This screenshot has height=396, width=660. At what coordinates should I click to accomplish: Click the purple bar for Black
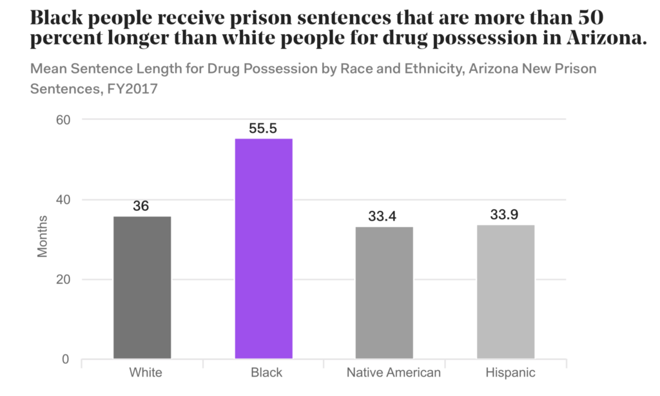[x=264, y=248]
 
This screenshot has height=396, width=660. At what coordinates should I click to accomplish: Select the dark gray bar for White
[x=142, y=287]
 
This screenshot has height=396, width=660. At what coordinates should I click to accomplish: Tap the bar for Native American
[x=385, y=292]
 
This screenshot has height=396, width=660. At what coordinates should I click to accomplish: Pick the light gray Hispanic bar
[x=506, y=292]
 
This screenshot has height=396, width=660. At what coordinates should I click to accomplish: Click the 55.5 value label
[x=263, y=128]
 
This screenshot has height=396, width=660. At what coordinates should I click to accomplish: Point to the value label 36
[x=141, y=206]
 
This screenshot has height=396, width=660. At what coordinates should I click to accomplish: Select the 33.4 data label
[x=384, y=216]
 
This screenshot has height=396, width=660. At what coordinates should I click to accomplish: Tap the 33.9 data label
[x=505, y=215]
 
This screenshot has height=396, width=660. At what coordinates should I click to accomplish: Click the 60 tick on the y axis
[x=61, y=120]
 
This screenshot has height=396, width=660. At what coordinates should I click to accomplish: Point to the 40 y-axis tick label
[x=61, y=200]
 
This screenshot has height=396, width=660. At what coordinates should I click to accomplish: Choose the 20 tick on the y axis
[x=61, y=280]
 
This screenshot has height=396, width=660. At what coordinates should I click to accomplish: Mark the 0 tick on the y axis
[x=65, y=359]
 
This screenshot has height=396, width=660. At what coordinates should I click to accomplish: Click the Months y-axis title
[x=43, y=239]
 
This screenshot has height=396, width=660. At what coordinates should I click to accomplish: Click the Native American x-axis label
[x=393, y=373]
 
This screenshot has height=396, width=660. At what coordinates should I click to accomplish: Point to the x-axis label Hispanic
[x=512, y=373]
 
